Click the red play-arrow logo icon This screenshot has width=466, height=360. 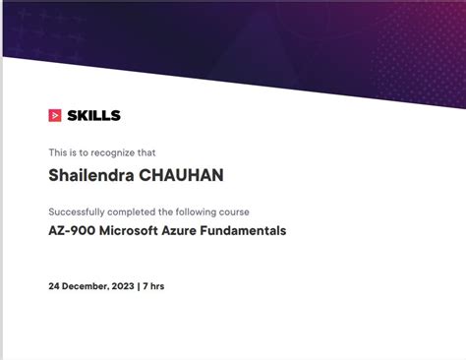point(55,115)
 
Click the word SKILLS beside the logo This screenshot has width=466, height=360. point(93,115)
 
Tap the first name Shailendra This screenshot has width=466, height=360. point(87,176)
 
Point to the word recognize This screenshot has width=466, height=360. point(112,152)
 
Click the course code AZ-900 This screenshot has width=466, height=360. point(73,232)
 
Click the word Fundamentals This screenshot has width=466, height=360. point(250,232)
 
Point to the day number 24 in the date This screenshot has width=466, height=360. point(54,286)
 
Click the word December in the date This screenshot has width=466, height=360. point(87,286)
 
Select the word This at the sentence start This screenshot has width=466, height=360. point(58,152)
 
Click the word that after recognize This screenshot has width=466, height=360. point(146,152)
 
